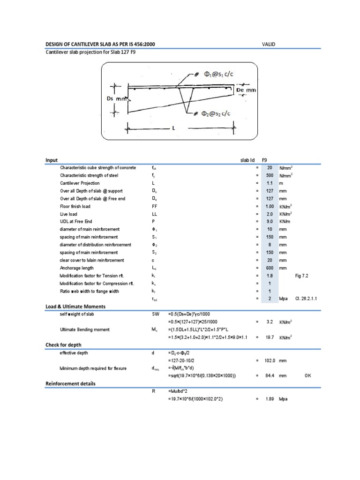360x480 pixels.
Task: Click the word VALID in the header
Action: (x=269, y=44)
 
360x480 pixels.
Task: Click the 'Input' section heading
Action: (x=52, y=160)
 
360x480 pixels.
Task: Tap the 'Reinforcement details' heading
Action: (x=70, y=383)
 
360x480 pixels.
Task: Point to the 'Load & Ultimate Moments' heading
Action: (x=75, y=307)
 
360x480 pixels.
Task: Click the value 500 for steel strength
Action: (x=270, y=175)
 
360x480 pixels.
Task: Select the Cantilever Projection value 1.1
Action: (x=270, y=183)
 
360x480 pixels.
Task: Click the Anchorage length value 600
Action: (x=270, y=268)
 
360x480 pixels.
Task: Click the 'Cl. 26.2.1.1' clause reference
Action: (x=307, y=299)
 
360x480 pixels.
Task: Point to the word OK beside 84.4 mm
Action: (x=307, y=375)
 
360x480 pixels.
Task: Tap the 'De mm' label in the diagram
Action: (x=246, y=90)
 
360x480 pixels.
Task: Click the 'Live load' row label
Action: (x=69, y=214)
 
